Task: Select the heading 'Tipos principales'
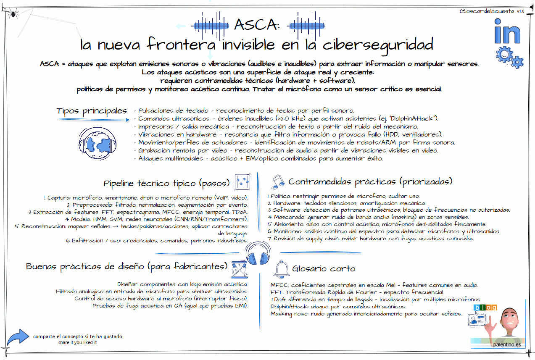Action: [92, 111]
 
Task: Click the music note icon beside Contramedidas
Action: [278, 181]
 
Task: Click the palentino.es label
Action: [507, 345]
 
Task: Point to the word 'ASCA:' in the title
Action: [256, 25]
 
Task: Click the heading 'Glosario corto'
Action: [324, 269]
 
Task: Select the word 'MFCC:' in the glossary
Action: [279, 285]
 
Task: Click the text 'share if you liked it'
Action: [78, 342]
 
